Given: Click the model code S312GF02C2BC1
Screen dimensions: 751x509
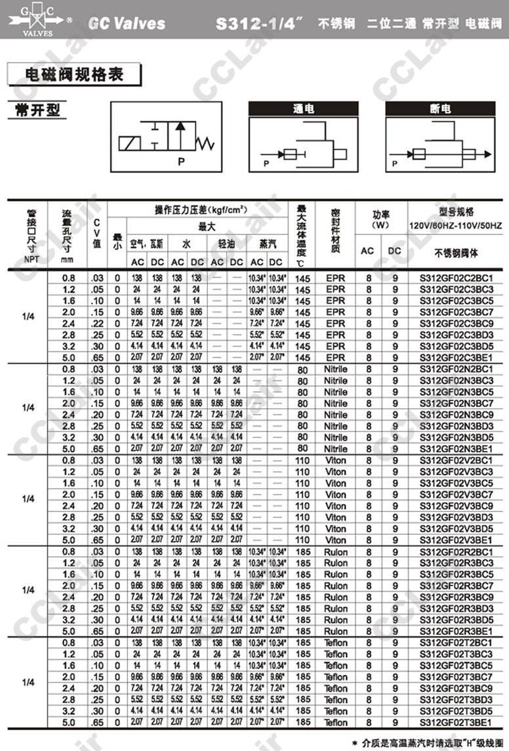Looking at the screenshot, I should [x=456, y=278].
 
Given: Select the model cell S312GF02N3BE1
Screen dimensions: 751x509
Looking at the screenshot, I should [x=456, y=448].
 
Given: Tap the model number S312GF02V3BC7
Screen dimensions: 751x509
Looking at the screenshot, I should [x=456, y=494].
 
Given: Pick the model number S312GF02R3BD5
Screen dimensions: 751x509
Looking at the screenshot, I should [x=456, y=620].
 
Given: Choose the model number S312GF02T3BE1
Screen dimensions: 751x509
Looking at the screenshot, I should [x=456, y=722].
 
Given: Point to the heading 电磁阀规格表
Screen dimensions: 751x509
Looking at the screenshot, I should [x=73, y=74].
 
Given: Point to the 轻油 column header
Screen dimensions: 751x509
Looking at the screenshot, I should [x=227, y=244].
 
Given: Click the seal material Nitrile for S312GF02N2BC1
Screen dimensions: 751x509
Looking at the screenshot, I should [x=335, y=369].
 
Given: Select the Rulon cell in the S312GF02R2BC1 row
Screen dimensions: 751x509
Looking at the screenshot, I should [x=335, y=551].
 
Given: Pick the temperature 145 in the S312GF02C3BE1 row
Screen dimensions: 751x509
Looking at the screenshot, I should [x=302, y=358].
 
